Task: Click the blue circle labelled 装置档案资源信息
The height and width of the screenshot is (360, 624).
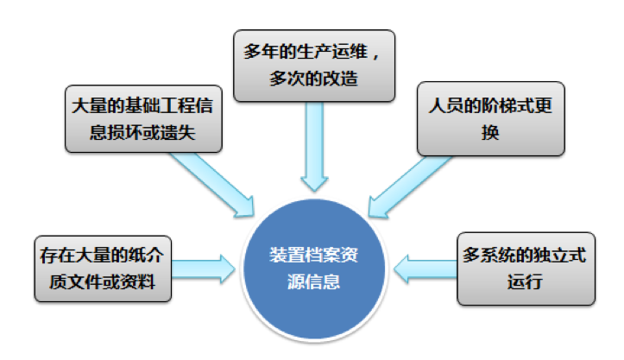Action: pyautogui.click(x=314, y=267)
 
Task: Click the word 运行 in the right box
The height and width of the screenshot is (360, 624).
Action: pyautogui.click(x=526, y=281)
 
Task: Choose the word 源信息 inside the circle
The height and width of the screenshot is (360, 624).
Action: pyautogui.click(x=314, y=281)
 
